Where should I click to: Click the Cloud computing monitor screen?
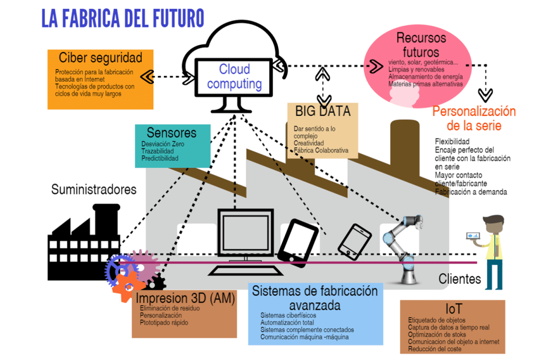pos(235,77)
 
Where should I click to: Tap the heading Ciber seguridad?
pos(101,57)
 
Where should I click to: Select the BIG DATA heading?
pos(322,111)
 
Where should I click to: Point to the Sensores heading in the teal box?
pos(171,132)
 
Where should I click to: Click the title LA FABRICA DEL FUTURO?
pos(122,18)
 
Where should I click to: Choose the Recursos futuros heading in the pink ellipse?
pos(421,45)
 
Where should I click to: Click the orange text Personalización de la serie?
pos(474,119)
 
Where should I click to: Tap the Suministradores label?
pos(94,189)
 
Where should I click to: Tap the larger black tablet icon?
pos(298,240)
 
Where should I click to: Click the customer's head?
pos(493,223)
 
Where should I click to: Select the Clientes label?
pos(459,279)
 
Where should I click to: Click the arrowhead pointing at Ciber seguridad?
pos(147,76)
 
